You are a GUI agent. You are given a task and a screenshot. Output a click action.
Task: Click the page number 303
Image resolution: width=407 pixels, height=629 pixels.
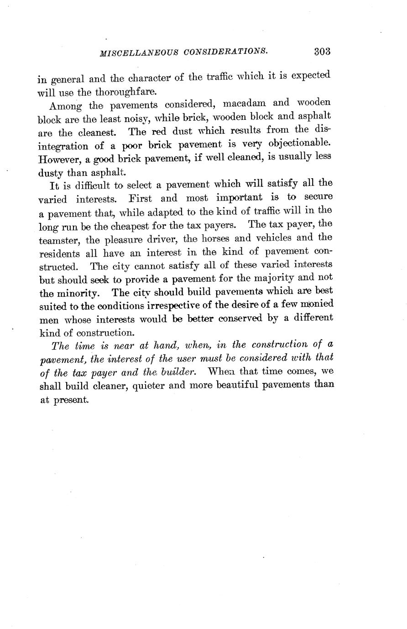[x=322, y=51]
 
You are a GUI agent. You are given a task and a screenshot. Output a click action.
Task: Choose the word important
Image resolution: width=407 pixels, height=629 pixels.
[x=239, y=197]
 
